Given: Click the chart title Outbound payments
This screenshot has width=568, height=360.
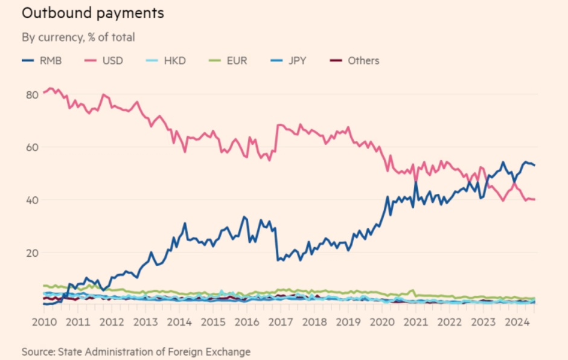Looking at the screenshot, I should tap(92, 13).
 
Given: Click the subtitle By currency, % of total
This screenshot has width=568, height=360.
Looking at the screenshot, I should tap(78, 37).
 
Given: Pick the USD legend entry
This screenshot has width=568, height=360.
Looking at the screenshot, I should tap(111, 60).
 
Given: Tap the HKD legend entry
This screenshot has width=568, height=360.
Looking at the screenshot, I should tap(173, 60).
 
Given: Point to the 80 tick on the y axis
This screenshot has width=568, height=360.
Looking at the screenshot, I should tap(32, 94).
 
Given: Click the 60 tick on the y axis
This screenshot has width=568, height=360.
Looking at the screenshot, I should tap(32, 147).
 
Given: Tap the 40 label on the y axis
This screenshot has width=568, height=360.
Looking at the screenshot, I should tap(32, 200).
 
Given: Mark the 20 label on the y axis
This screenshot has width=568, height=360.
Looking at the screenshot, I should tap(32, 253).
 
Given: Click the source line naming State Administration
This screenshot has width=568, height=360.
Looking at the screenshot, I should tap(136, 351).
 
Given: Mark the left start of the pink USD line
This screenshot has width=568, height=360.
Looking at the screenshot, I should tap(43, 92).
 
